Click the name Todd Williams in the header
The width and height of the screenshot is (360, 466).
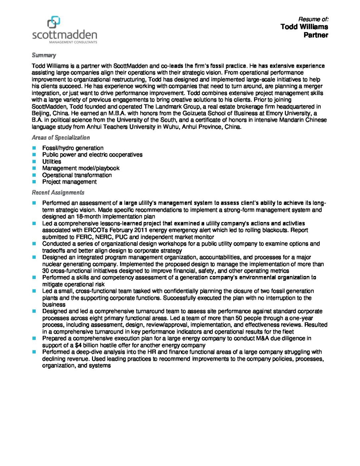304,27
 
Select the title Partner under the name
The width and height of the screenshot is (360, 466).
316,35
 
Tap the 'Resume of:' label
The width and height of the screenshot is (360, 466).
313,19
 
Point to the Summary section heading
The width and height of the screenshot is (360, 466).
44,55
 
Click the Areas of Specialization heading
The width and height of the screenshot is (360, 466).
61,138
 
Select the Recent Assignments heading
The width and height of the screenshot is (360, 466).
58,192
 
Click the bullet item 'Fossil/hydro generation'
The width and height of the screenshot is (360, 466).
73,148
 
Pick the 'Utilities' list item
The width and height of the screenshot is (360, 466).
52,162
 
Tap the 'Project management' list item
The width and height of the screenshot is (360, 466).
69,182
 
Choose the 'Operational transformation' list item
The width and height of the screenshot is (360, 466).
77,175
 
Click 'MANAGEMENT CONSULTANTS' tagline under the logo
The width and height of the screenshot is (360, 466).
73,42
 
